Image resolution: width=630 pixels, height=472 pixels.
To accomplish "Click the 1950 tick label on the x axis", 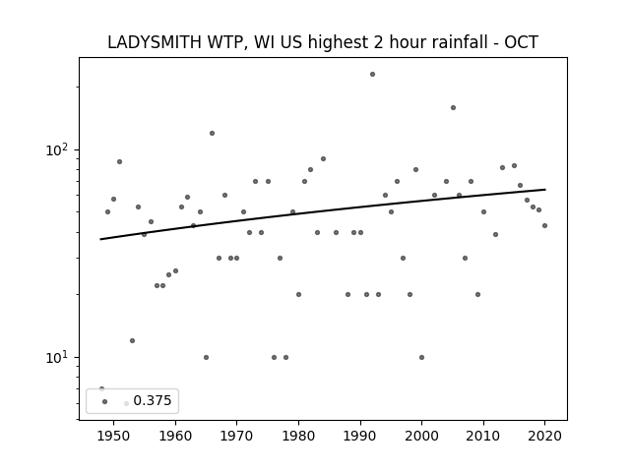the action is click(114, 436).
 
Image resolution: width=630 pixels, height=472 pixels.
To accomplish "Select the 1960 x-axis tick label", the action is click(175, 436).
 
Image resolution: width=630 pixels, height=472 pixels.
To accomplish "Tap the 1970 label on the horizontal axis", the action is click(236, 436).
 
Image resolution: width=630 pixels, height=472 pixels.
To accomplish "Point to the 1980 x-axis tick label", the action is click(298, 436).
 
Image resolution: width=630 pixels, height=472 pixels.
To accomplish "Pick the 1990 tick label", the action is click(360, 436).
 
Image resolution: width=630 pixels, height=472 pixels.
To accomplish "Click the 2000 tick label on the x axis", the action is click(421, 436).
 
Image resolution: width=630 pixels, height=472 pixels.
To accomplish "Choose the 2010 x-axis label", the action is click(483, 436).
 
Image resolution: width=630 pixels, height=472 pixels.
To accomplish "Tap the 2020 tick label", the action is click(544, 436).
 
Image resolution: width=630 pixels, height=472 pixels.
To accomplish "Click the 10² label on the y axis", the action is click(57, 149).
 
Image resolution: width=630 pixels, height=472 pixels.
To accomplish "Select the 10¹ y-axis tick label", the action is click(57, 357).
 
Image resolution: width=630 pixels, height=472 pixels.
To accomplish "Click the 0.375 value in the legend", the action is click(153, 400).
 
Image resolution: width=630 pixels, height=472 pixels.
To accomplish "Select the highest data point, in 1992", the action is click(372, 75).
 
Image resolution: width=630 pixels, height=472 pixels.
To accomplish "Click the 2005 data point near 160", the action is click(453, 107).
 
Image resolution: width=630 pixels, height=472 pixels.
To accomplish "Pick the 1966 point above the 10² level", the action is click(213, 134).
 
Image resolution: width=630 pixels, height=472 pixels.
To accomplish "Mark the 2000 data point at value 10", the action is click(421, 357).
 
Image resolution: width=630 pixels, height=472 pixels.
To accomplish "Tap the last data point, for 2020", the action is click(544, 225).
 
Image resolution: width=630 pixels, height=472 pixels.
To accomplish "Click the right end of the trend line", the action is click(545, 190).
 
